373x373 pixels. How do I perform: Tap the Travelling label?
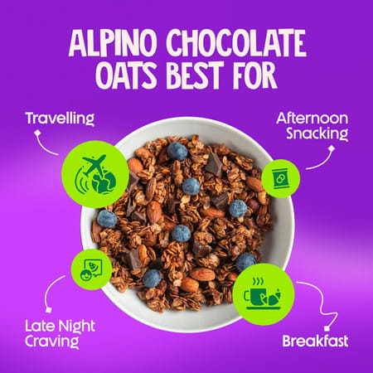(x=60, y=118)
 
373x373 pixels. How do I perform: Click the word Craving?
(x=57, y=342)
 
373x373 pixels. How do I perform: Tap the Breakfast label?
(x=315, y=341)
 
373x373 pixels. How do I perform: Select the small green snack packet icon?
(x=280, y=178)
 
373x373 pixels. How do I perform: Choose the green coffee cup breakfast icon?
(x=263, y=293)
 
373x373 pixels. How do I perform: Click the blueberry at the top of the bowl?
(x=177, y=151)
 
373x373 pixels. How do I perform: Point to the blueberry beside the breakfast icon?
(x=245, y=260)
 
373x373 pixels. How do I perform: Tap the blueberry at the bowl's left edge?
(x=106, y=219)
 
